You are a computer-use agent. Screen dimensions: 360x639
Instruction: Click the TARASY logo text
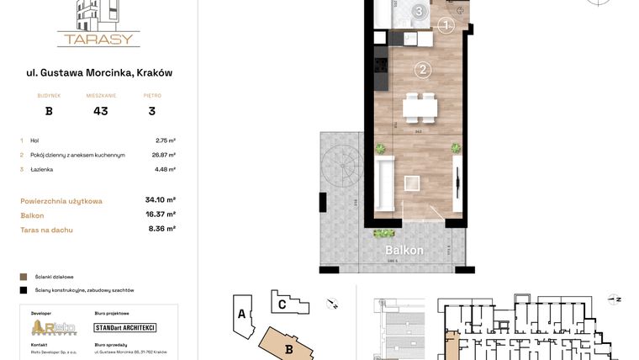coord(98,39)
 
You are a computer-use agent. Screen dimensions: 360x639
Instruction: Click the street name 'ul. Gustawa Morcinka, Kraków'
coord(99,73)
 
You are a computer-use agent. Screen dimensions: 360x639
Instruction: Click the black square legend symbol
coord(23,290)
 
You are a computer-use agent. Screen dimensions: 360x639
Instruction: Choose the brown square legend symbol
coord(23,276)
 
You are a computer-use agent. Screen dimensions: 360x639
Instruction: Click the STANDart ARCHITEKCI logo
coord(124,327)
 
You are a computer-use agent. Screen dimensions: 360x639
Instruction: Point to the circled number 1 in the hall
coord(446,25)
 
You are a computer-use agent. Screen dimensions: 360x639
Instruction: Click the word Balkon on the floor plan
coord(404,250)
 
